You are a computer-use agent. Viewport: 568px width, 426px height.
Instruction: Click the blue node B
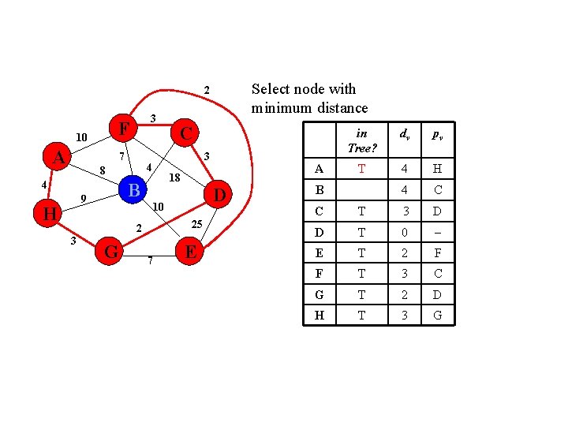(x=134, y=190)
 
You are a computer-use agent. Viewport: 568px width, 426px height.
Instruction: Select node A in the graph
(x=58, y=158)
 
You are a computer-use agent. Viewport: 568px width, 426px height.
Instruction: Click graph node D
(x=220, y=194)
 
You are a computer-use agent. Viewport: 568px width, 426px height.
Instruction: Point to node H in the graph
(x=49, y=214)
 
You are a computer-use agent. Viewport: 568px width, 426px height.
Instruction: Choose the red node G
(x=111, y=252)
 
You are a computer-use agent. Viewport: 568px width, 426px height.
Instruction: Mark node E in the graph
(x=189, y=252)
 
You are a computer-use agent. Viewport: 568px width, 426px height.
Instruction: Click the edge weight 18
(x=175, y=178)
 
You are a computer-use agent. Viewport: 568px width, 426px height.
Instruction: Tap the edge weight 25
(x=198, y=225)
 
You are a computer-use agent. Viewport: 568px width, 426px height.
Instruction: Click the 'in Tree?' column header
(x=361, y=140)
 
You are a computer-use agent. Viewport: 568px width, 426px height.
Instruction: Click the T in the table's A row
(x=361, y=168)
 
